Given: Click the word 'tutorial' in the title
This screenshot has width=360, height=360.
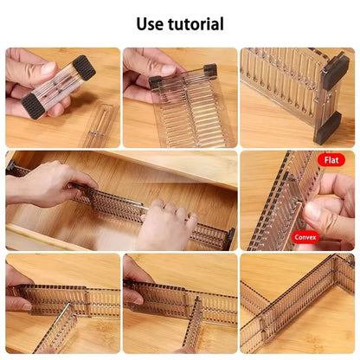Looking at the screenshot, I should pos(196,24).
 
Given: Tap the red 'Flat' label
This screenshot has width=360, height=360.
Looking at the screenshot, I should pos(331,160).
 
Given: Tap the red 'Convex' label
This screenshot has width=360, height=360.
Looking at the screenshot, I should pos(305,235).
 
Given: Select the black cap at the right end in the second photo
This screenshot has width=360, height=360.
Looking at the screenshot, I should pos(210,71).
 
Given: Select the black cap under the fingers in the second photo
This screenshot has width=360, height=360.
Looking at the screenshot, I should pos(156,84).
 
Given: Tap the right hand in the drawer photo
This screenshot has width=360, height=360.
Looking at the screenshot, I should pos(166,227).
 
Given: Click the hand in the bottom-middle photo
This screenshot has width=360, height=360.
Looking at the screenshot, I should pos(136,275).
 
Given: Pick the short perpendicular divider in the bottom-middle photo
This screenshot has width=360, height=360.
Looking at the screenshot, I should pos(196,320).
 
